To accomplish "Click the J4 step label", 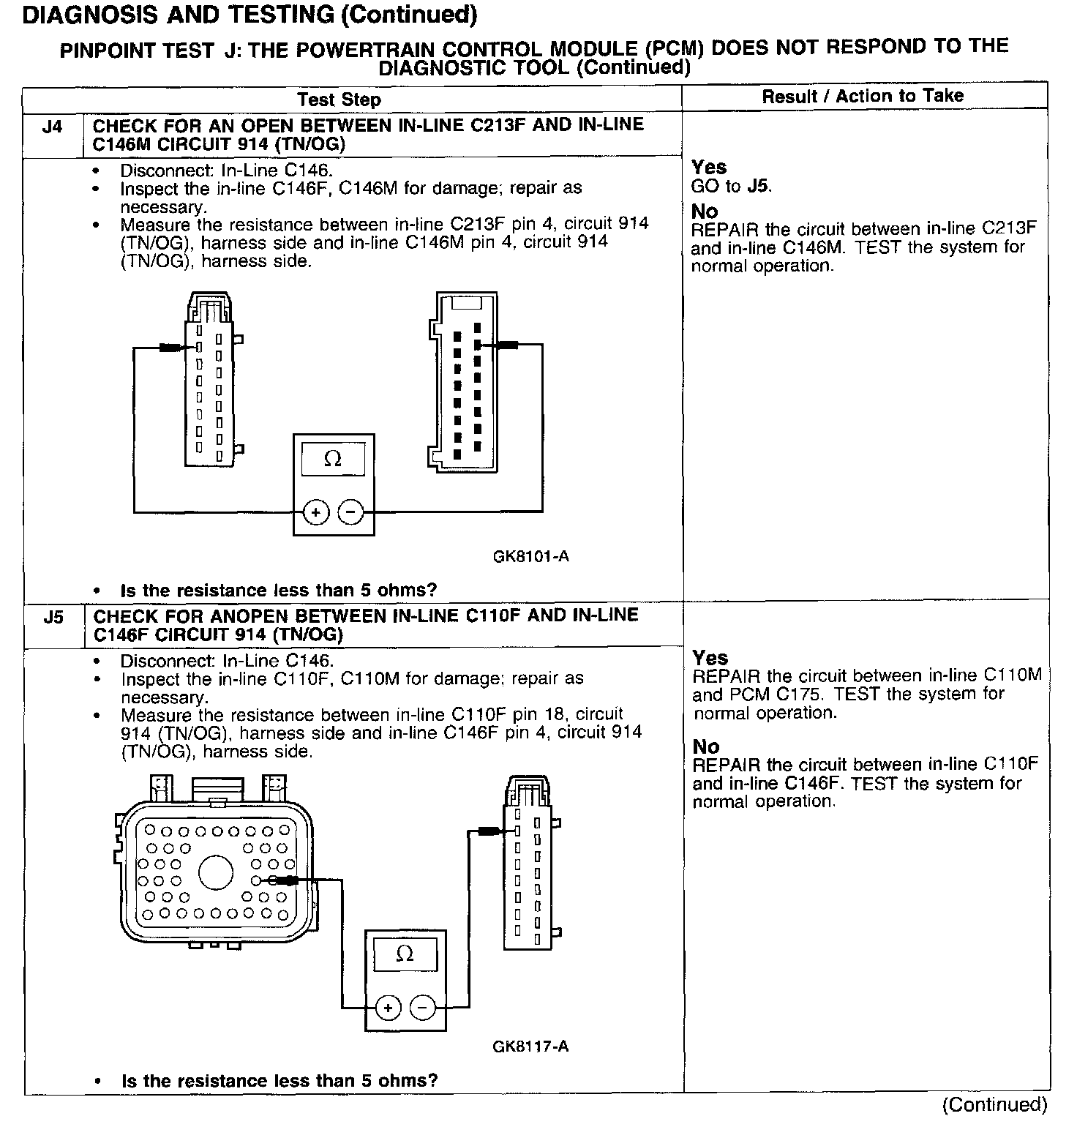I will (52, 127).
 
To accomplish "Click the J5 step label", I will (53, 618).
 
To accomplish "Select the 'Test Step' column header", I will (339, 100).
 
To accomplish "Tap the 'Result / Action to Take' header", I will (863, 96).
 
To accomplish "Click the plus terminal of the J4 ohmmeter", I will (315, 512).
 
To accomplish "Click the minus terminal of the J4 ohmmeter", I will (351, 512).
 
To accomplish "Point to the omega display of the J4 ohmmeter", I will (333, 459).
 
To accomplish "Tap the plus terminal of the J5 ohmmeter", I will (388, 1008).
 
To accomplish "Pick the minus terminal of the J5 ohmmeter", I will (422, 1008).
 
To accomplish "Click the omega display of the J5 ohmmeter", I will (405, 954).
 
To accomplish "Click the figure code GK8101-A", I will (531, 557).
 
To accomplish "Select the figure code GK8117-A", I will (530, 1046).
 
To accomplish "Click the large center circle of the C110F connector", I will (216, 873).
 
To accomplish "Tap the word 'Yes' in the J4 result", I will (709, 167).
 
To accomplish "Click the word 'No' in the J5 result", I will (706, 746).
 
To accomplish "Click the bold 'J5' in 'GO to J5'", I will (759, 187).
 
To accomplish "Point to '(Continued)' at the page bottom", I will (994, 1104).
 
